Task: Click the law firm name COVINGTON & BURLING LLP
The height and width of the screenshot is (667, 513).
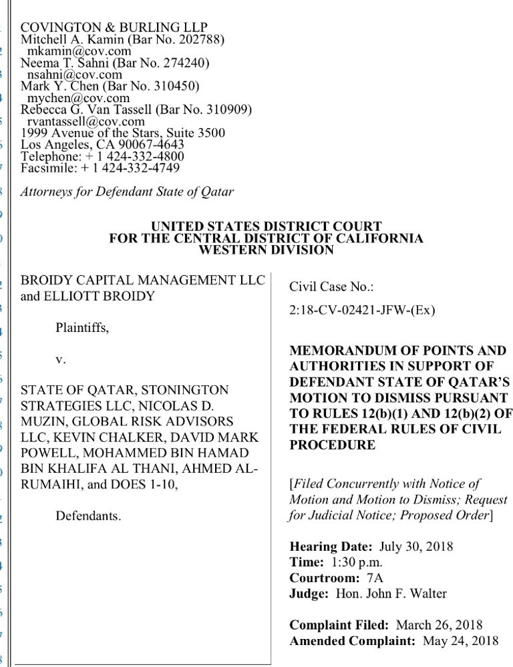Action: pos(114,27)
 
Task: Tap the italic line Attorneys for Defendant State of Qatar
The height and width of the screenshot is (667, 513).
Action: pos(127,192)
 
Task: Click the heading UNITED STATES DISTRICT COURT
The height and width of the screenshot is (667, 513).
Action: pos(266,227)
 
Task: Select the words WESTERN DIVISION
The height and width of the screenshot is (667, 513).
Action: pos(266,250)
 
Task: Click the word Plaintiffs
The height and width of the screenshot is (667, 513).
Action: pos(82,328)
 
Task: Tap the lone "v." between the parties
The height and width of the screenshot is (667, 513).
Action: pos(61,359)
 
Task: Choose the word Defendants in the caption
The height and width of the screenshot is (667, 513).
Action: pos(88,516)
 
